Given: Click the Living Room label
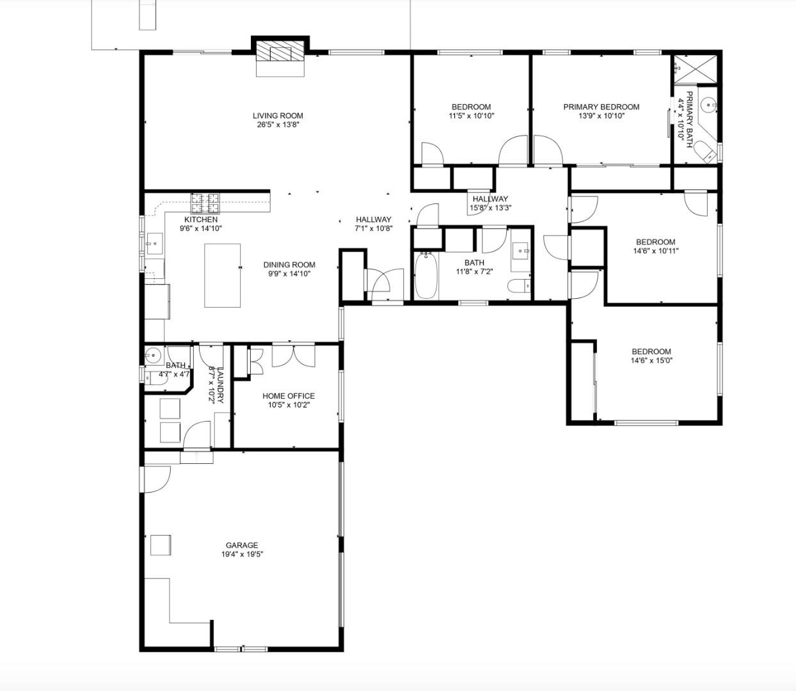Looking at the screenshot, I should pos(278,116).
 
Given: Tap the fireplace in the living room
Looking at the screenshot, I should pos(280,55).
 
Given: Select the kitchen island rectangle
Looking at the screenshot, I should pos(223,275).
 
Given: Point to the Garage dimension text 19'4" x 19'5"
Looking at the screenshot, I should pos(242,555).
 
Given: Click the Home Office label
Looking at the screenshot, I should pos(288,396).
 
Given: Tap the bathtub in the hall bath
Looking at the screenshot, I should pos(426,276).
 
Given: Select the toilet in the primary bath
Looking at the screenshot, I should pos(706,153).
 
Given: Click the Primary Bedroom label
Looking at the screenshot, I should pos(601,107).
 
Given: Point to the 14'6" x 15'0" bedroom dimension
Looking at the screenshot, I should pos(651,360).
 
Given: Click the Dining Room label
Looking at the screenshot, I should pos(289,265).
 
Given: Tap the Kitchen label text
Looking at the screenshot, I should pos(201,219).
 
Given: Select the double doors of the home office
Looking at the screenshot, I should pos(294,356).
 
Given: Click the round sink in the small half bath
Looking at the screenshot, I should pos(154,356).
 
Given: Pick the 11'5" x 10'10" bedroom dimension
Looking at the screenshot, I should pos(471,116).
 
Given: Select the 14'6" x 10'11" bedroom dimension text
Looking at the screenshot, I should pos(655,251).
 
